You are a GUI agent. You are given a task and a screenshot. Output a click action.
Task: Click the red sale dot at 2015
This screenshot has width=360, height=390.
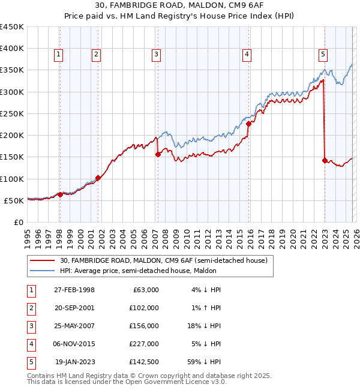248,124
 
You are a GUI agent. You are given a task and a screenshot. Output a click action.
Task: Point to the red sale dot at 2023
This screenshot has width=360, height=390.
325,160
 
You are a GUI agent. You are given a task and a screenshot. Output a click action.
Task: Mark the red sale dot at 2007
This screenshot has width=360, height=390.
158,154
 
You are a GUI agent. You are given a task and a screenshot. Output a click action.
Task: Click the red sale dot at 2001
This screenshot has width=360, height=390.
98,178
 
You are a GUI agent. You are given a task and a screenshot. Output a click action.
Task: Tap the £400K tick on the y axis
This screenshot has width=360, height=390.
12,49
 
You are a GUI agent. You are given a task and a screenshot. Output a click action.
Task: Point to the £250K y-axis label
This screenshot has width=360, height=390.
12,113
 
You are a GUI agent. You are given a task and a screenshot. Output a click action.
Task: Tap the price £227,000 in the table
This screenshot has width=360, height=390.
144,344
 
